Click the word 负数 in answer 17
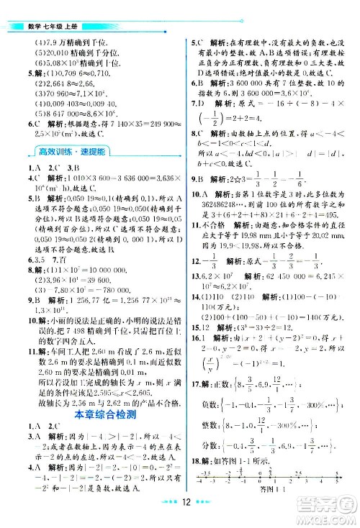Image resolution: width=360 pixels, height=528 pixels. pyautogui.click(x=219, y=404)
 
